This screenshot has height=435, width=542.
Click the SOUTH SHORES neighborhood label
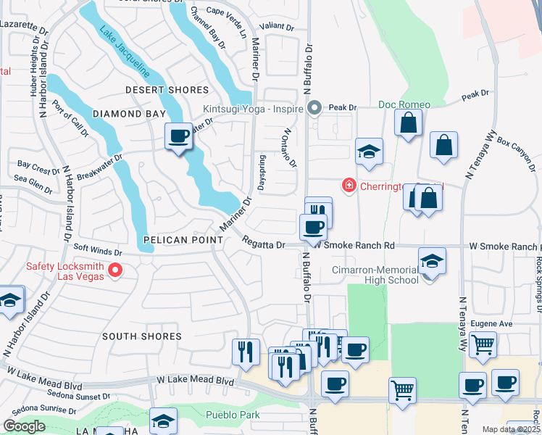(141, 336)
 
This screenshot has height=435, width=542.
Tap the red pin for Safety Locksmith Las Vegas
(114, 271)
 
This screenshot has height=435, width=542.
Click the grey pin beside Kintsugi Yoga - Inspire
(314, 108)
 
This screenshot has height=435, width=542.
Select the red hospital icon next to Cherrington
(349, 186)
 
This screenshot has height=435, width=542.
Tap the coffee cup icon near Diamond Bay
(178, 136)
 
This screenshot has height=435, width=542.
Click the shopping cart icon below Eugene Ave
(483, 344)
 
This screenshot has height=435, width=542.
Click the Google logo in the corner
(23, 426)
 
